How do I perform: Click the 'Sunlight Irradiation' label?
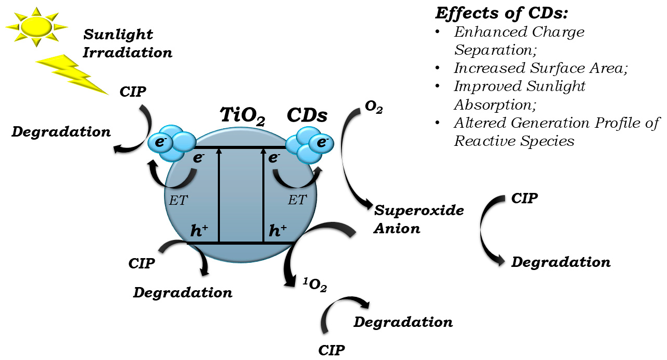pos(127,43)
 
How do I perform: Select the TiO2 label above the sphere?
pos(242,116)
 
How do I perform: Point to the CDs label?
pos(307,115)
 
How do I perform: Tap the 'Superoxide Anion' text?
pos(419,219)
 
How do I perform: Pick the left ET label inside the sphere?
pos(179,201)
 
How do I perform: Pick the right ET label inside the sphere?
pos(297,200)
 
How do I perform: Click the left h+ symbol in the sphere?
pos(199,231)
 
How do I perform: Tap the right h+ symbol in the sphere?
pos(278,231)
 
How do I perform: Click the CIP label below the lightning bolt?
pos(134,92)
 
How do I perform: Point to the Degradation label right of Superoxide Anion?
pos(561,262)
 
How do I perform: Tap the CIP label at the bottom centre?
pos(331,350)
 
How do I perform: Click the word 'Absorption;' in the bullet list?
pos(495,104)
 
